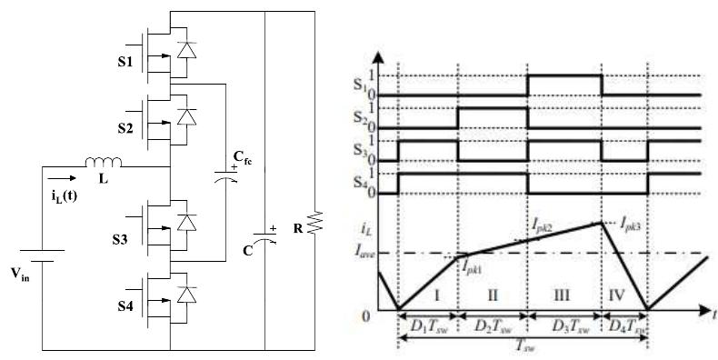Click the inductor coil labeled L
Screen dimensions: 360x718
(104, 165)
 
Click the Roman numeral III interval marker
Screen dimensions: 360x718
(565, 296)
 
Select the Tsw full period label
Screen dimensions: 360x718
(521, 346)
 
